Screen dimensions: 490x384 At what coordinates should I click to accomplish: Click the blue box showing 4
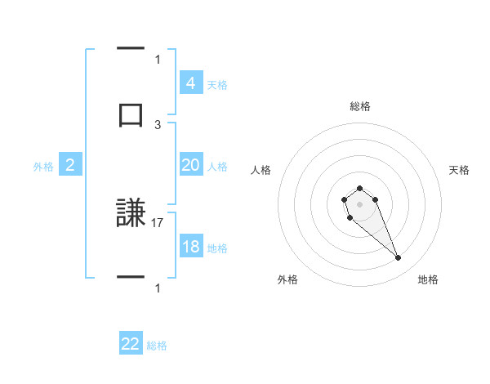pyautogui.click(x=190, y=83)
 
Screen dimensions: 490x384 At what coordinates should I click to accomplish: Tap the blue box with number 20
pyautogui.click(x=190, y=165)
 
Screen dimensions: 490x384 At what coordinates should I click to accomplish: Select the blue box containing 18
pyautogui.click(x=190, y=247)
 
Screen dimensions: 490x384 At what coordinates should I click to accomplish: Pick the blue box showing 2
pyautogui.click(x=70, y=165)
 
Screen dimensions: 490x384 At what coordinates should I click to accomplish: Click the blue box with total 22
pyautogui.click(x=131, y=344)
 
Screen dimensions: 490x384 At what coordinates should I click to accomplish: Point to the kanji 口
pyautogui.click(x=131, y=115)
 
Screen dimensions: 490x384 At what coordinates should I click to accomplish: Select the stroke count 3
pyautogui.click(x=158, y=124)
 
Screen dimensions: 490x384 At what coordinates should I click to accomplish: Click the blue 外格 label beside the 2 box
pyautogui.click(x=43, y=166)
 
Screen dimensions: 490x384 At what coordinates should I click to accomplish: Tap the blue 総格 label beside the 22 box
pyautogui.click(x=157, y=345)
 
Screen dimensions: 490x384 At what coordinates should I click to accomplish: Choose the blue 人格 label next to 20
pyautogui.click(x=217, y=166)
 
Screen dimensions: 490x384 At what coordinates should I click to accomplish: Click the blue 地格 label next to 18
pyautogui.click(x=217, y=248)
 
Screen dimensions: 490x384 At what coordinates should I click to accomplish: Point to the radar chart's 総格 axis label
pyautogui.click(x=359, y=106)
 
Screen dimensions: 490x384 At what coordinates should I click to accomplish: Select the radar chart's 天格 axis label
pyautogui.click(x=459, y=170)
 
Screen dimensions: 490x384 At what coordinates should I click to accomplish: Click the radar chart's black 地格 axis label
pyautogui.click(x=428, y=279)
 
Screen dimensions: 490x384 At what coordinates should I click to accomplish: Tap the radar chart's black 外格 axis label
pyautogui.click(x=287, y=279)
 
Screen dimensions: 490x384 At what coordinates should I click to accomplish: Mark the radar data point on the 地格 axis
pyautogui.click(x=399, y=258)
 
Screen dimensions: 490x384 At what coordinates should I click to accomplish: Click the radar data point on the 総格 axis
pyautogui.click(x=359, y=189)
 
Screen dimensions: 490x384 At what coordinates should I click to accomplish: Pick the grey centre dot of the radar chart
pyautogui.click(x=359, y=203)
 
